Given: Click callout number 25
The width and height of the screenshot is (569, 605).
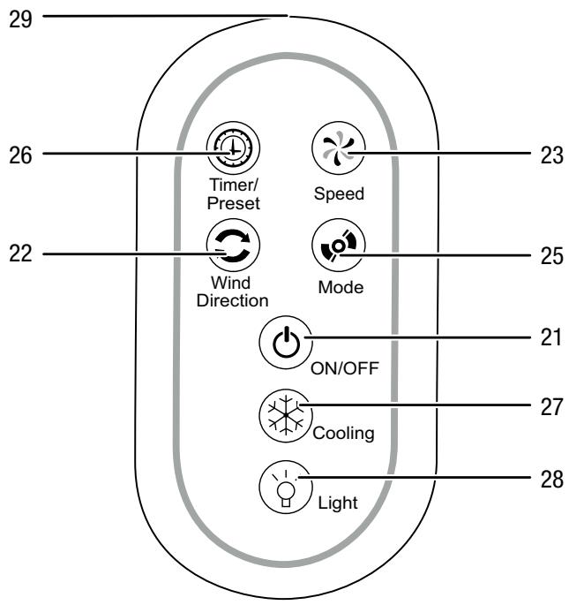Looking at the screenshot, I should pyautogui.click(x=550, y=255).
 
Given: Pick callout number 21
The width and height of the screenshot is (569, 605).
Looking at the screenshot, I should pyautogui.click(x=550, y=338).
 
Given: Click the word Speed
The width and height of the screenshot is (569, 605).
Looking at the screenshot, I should pyautogui.click(x=340, y=195).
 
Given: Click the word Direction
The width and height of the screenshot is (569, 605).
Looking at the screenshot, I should pyautogui.click(x=233, y=300).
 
